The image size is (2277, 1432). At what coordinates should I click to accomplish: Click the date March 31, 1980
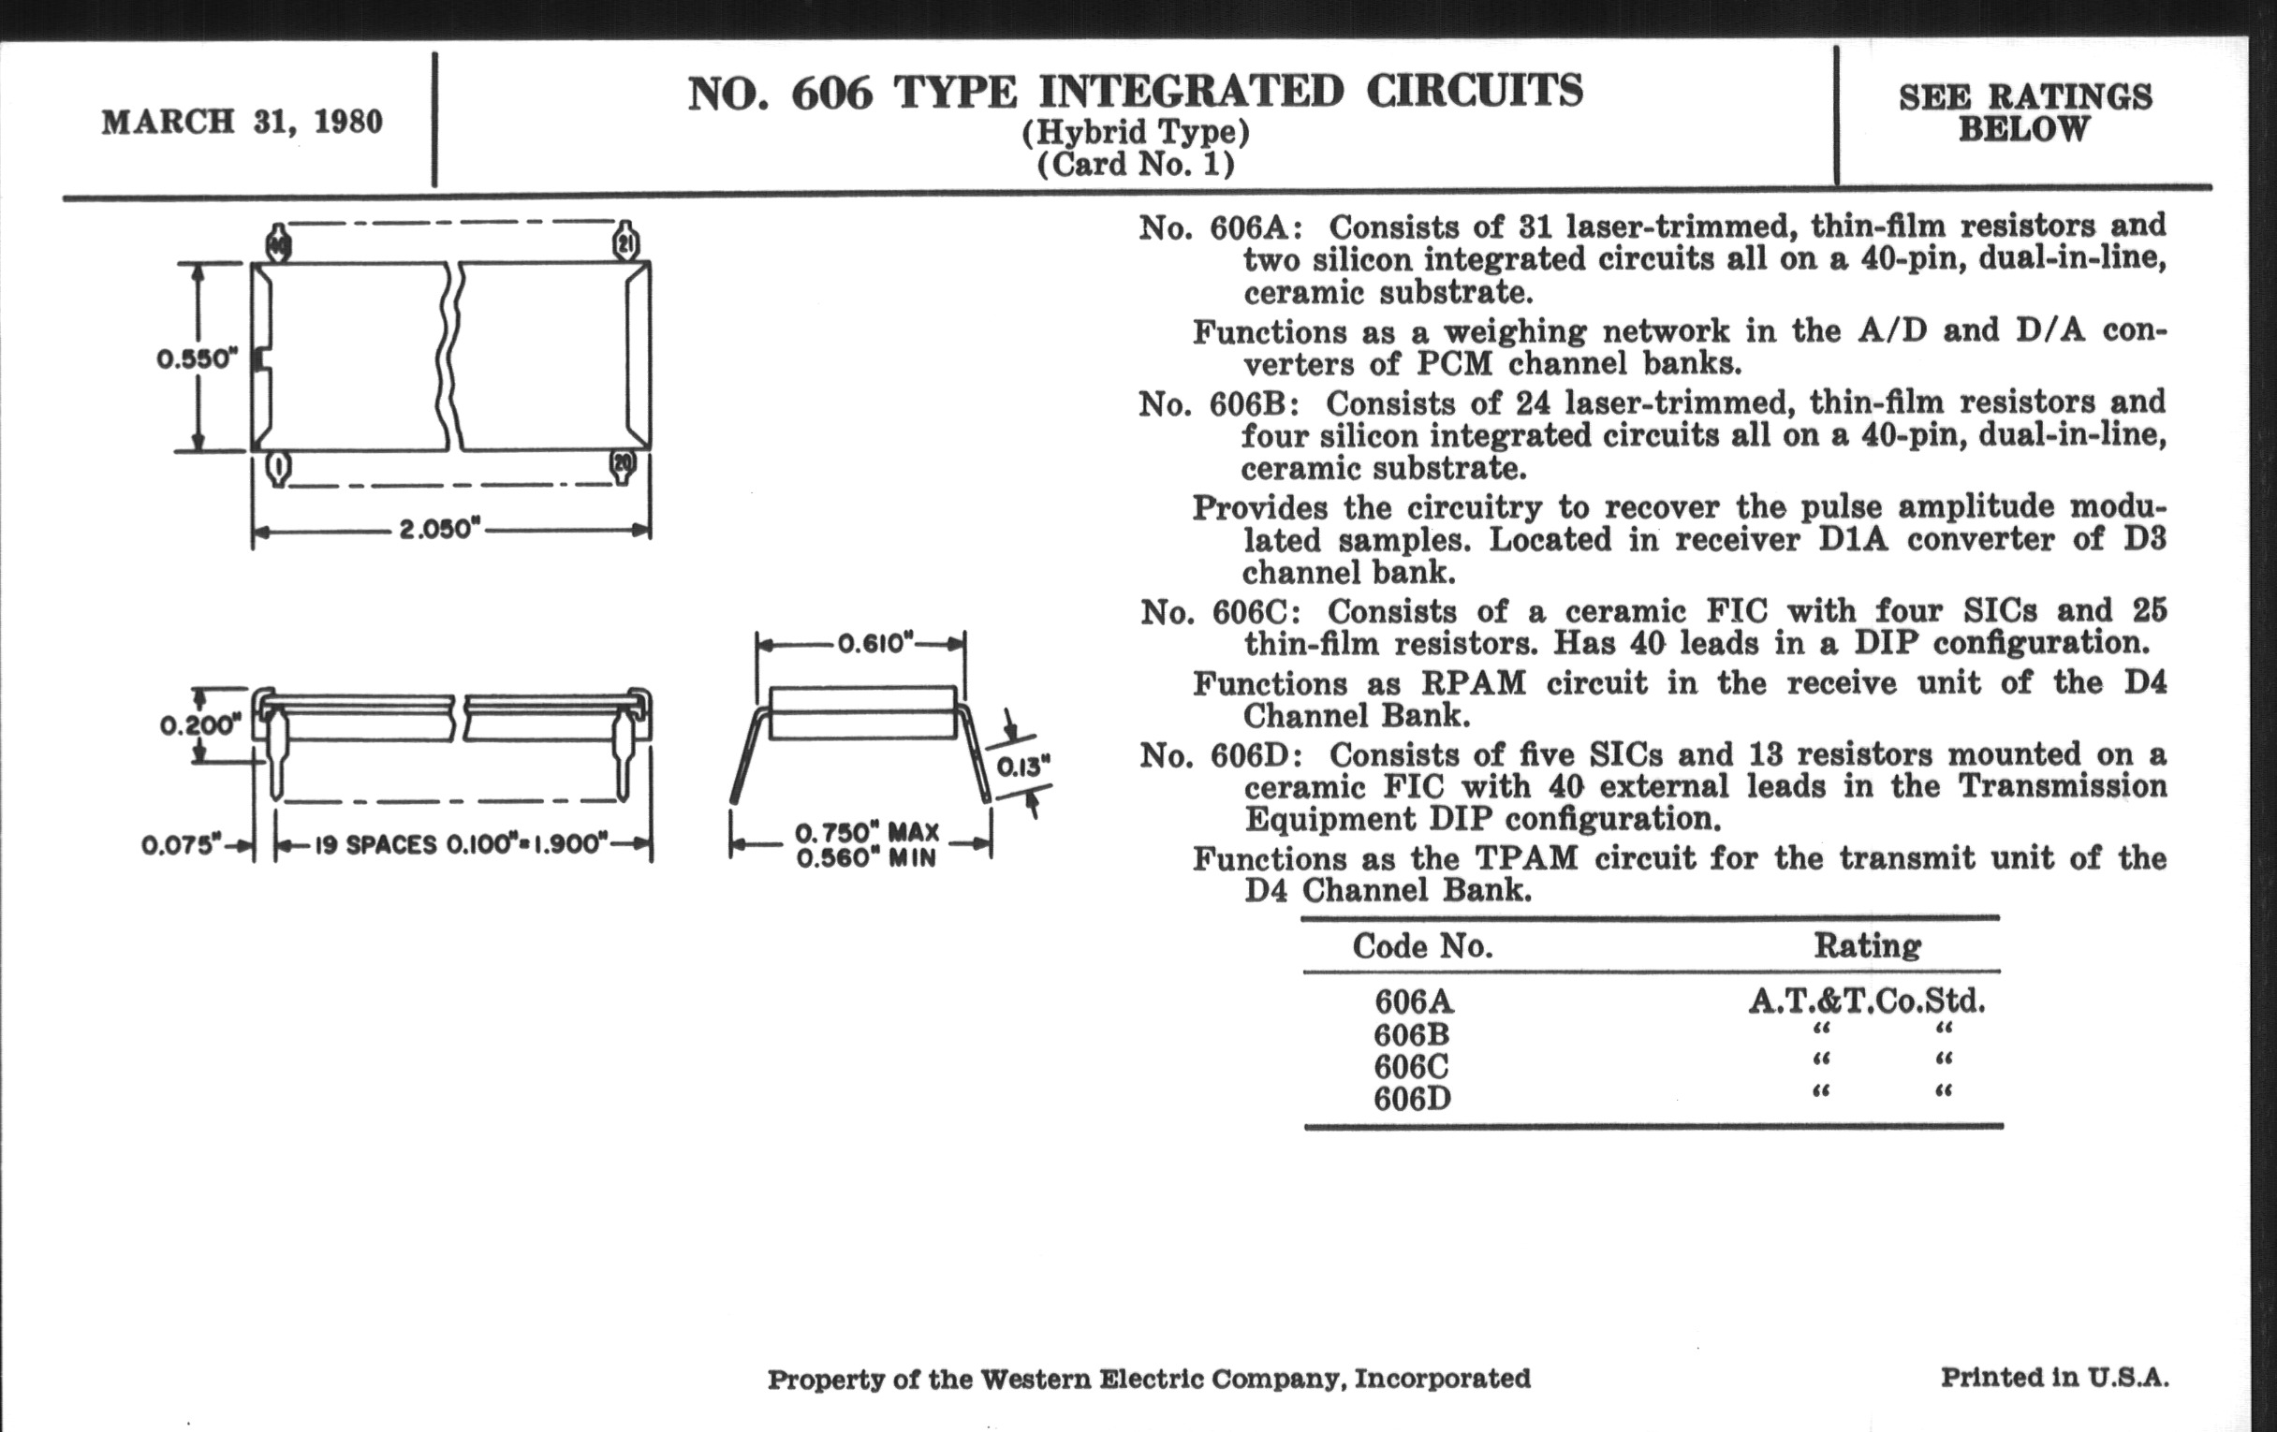pyautogui.click(x=242, y=123)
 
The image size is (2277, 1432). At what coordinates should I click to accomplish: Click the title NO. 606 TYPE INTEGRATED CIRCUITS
pyautogui.click(x=1134, y=93)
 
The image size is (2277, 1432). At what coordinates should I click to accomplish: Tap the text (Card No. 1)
pyautogui.click(x=1136, y=166)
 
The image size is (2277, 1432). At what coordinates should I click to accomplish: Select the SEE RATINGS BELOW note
pyautogui.click(x=2024, y=112)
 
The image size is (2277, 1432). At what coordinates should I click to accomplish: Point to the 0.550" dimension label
pyautogui.click(x=197, y=359)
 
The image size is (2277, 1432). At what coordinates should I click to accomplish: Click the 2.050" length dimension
pyautogui.click(x=435, y=530)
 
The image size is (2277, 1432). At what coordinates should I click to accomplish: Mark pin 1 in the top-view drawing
pyautogui.click(x=279, y=466)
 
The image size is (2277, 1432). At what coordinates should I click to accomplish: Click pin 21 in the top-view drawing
pyautogui.click(x=625, y=243)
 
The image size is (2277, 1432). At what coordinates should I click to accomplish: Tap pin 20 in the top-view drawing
pyautogui.click(x=623, y=464)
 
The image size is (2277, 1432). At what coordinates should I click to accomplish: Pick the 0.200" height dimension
pyautogui.click(x=199, y=725)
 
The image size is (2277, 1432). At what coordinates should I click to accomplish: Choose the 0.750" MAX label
pyautogui.click(x=867, y=833)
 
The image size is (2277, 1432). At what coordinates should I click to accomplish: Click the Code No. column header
pyautogui.click(x=1422, y=946)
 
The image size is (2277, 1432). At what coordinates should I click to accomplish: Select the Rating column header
pyautogui.click(x=1867, y=946)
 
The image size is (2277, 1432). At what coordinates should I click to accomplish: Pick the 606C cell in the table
pyautogui.click(x=1412, y=1067)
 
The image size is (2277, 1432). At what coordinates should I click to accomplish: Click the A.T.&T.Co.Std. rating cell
pyautogui.click(x=1867, y=1001)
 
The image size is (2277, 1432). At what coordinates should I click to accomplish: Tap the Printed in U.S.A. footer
pyautogui.click(x=2054, y=1377)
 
